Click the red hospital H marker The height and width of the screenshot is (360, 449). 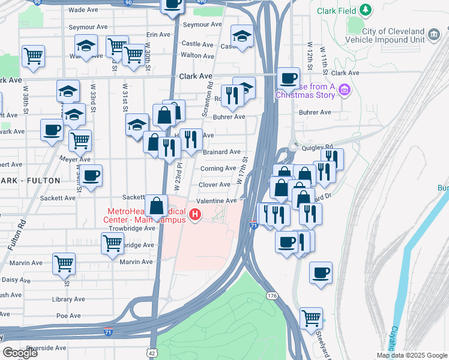tap(194, 214)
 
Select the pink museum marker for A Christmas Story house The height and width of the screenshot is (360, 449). tap(345, 91)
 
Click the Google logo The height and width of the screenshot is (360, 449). tap(20, 353)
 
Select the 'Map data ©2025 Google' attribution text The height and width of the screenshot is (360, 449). tap(411, 355)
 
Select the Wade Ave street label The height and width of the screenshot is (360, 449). tap(84, 10)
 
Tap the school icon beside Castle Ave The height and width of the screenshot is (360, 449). tap(242, 36)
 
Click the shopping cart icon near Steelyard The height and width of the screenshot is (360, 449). tap(311, 318)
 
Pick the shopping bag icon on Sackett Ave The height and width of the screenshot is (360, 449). tap(156, 205)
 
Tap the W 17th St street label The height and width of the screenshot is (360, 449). tap(243, 170)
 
